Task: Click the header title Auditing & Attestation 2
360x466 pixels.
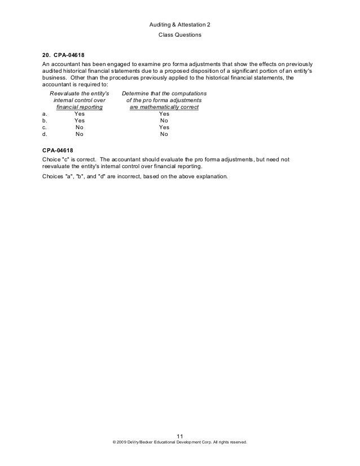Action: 179,26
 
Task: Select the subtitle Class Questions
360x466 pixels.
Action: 179,36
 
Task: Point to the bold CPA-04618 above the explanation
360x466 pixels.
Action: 58,151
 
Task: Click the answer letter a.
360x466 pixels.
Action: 44,113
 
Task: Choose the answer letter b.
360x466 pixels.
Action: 44,120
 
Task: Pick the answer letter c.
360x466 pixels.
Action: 44,128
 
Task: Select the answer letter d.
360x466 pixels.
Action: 44,135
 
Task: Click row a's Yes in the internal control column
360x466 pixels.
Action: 80,113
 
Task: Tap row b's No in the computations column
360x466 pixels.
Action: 164,120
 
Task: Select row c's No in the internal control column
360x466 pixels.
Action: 80,128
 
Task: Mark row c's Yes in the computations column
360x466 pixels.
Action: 164,128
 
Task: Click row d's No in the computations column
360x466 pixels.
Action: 164,135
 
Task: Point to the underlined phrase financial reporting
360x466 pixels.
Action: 78,106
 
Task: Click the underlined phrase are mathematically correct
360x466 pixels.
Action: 164,106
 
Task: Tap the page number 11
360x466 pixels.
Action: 180,436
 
